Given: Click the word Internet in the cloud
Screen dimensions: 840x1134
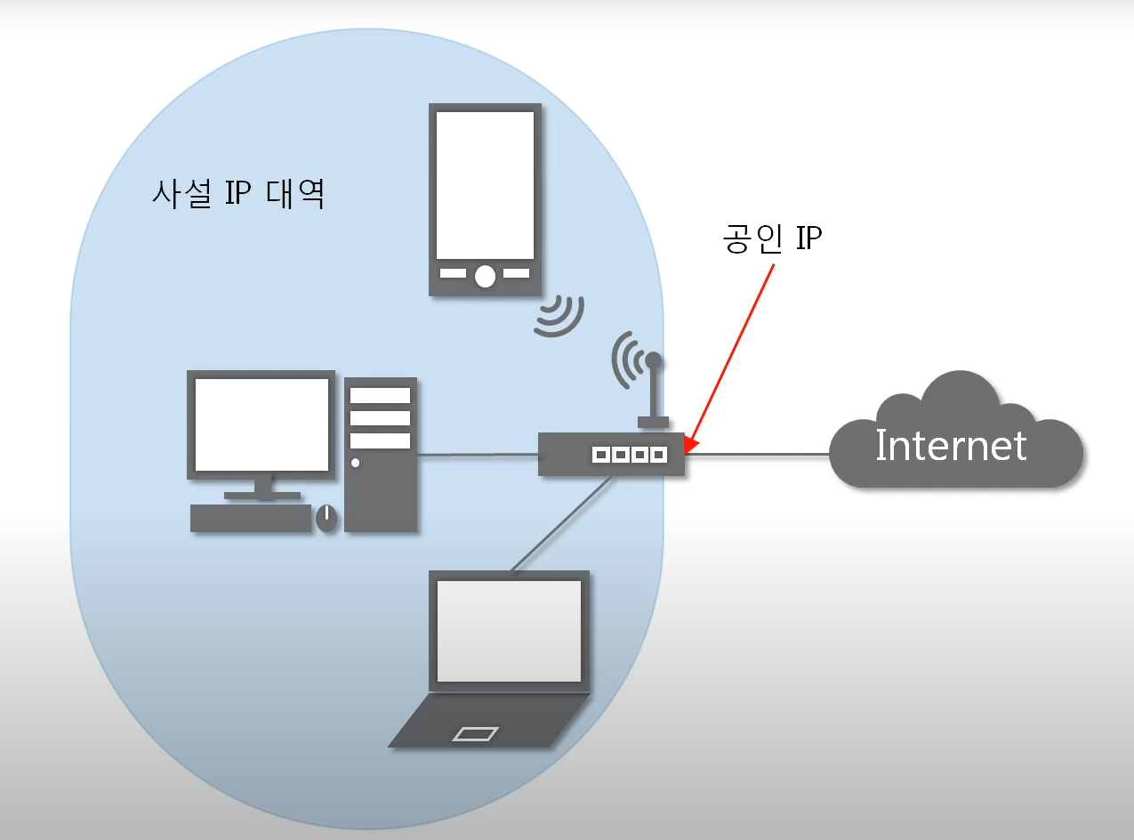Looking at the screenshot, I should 951,446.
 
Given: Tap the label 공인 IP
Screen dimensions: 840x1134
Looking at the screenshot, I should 771,238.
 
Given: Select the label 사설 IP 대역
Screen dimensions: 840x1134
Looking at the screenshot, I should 237,194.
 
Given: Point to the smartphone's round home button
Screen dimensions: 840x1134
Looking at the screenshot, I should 485,276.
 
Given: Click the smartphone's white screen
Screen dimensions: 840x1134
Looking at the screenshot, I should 485,185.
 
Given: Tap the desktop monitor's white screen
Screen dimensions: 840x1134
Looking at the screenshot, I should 261,424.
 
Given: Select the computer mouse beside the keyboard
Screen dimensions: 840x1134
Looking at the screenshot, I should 326,518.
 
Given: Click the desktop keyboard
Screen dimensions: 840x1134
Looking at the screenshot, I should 251,518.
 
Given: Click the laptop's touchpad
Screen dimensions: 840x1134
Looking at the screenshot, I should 475,733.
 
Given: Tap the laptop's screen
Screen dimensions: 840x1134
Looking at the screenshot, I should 510,630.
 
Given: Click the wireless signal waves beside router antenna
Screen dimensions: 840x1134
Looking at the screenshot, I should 624,359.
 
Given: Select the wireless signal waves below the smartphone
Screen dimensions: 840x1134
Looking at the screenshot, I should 560,316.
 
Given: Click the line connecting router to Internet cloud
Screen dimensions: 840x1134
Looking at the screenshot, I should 757,455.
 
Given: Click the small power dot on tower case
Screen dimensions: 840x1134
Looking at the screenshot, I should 356,463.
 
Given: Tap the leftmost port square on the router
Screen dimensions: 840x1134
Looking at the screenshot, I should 600,455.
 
